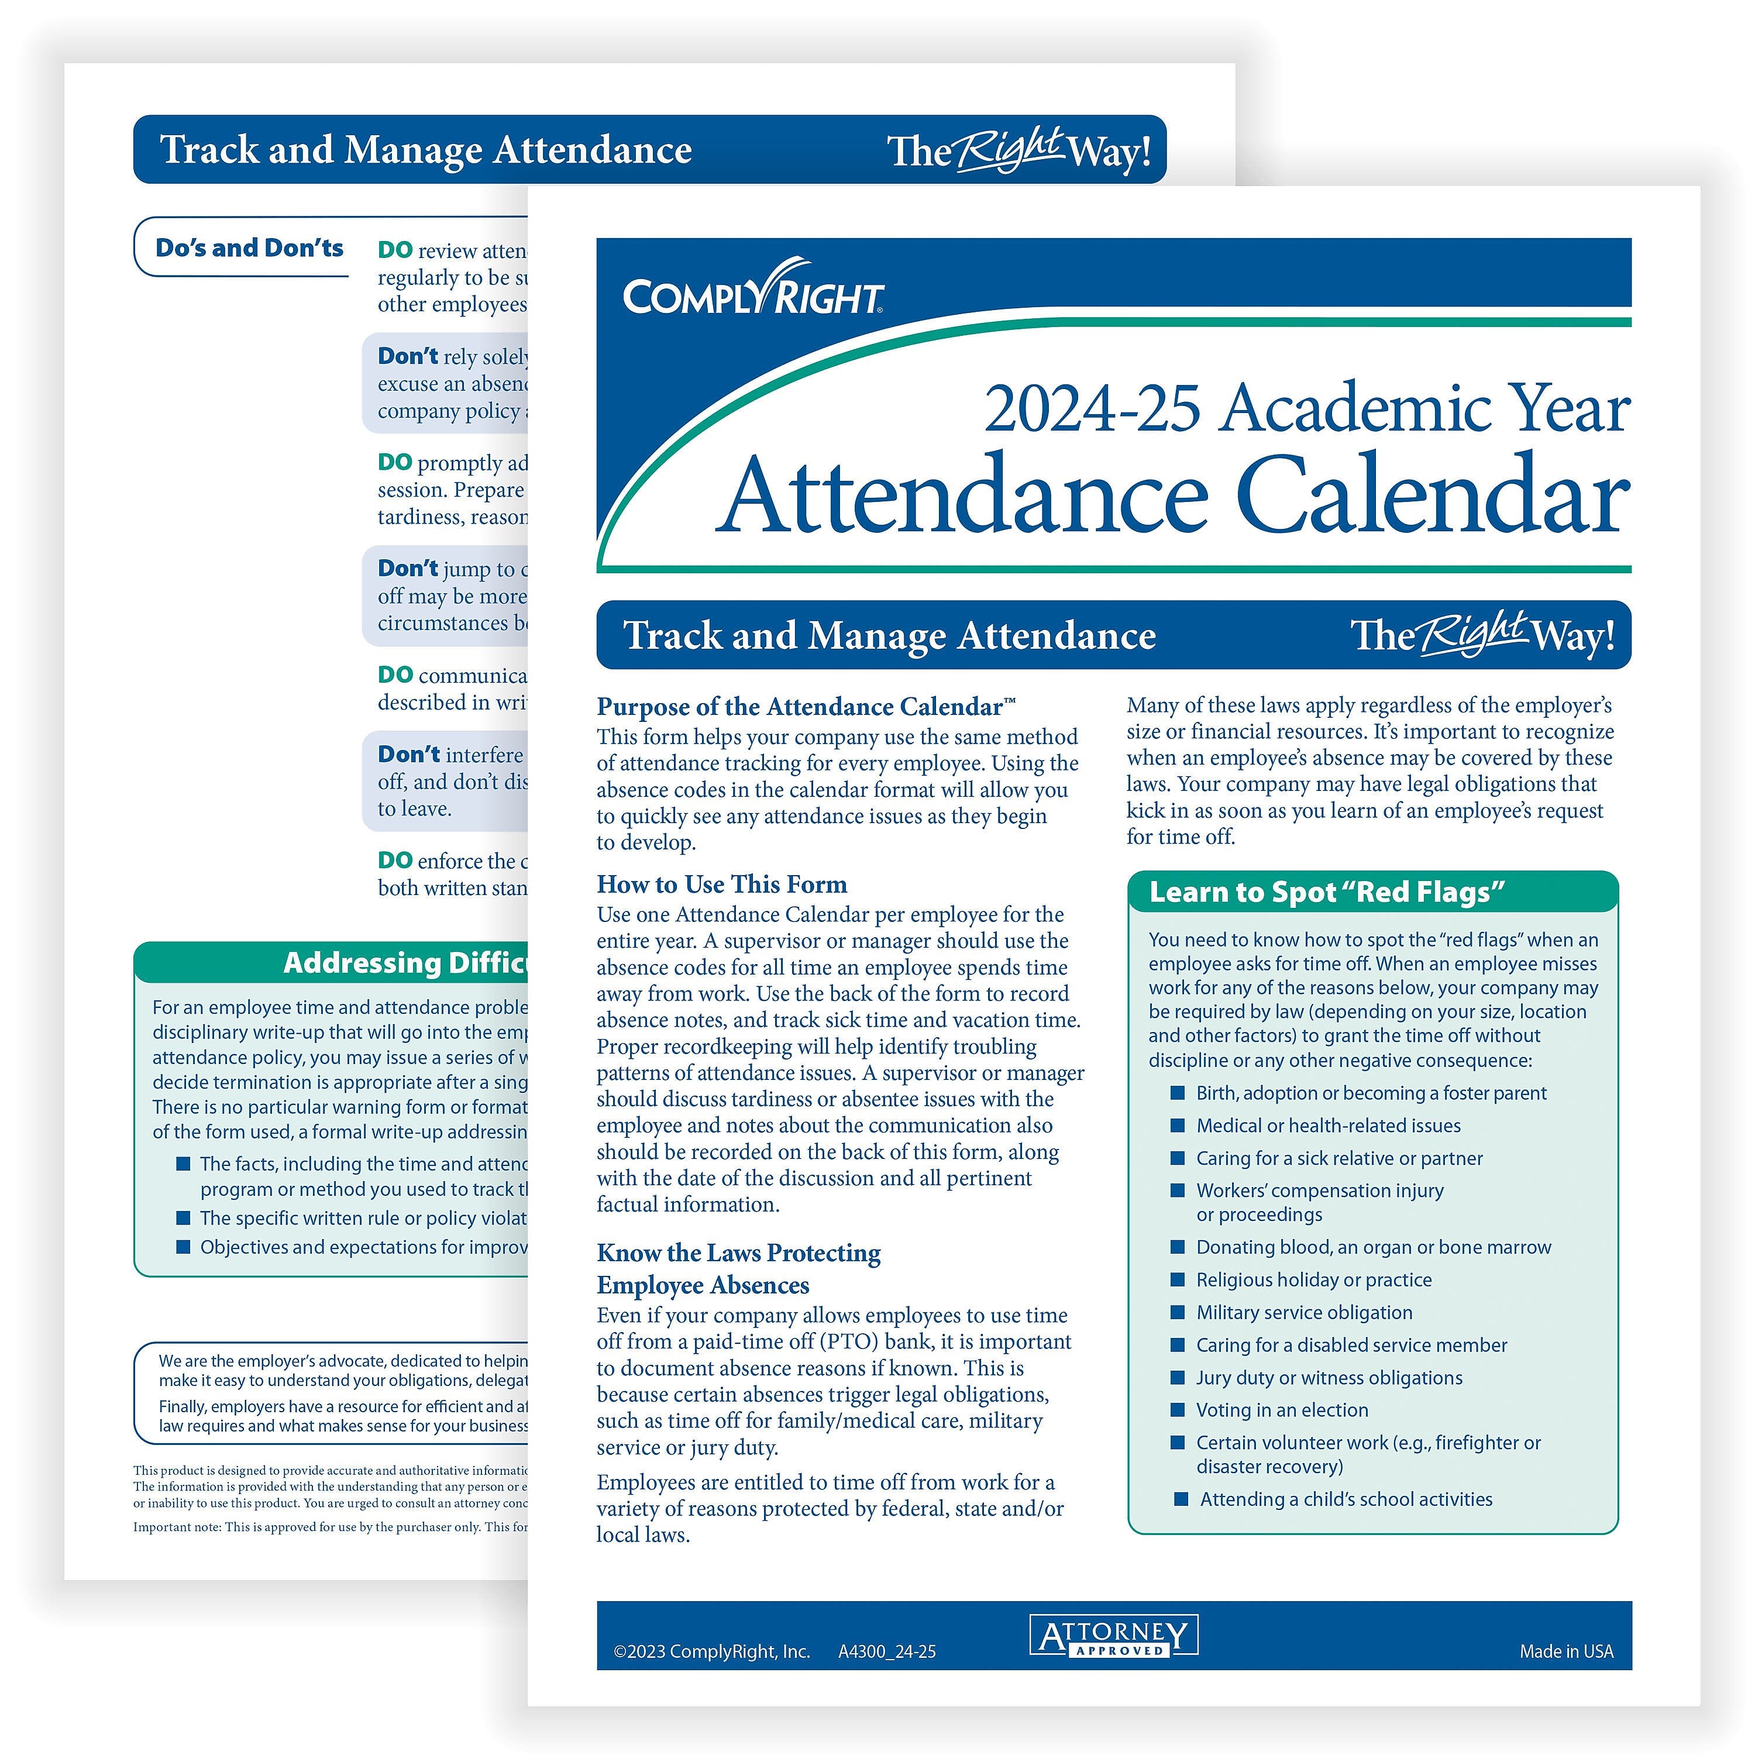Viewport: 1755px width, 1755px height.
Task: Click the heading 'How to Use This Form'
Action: tap(721, 884)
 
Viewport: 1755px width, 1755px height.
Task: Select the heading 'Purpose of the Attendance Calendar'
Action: tap(799, 707)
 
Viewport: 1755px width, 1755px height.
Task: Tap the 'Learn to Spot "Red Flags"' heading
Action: tap(1326, 892)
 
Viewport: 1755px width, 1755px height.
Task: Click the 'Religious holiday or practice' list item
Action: tap(1313, 1280)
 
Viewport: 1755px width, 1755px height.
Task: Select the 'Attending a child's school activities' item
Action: tap(1345, 1499)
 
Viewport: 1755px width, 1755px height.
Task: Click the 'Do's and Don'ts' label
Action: tap(249, 248)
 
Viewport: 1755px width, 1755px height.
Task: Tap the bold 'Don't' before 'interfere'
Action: tap(408, 754)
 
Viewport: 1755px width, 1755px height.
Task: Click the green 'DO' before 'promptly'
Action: tap(394, 462)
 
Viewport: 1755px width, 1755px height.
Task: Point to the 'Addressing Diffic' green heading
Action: tap(404, 962)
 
